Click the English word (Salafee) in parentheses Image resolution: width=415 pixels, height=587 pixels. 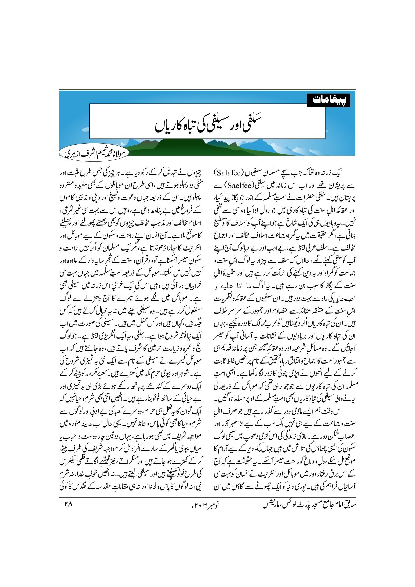tap(231, 173)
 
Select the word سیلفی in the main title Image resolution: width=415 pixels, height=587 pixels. tap(225, 123)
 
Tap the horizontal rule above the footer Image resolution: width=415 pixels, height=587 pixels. tap(207, 497)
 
